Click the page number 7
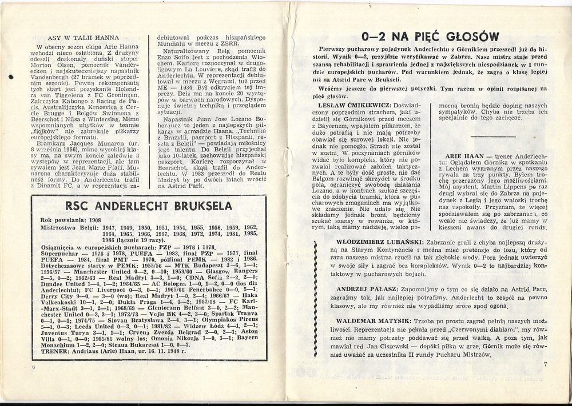pyautogui.click(x=546, y=364)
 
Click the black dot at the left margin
pyautogui.click(x=11, y=77)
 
